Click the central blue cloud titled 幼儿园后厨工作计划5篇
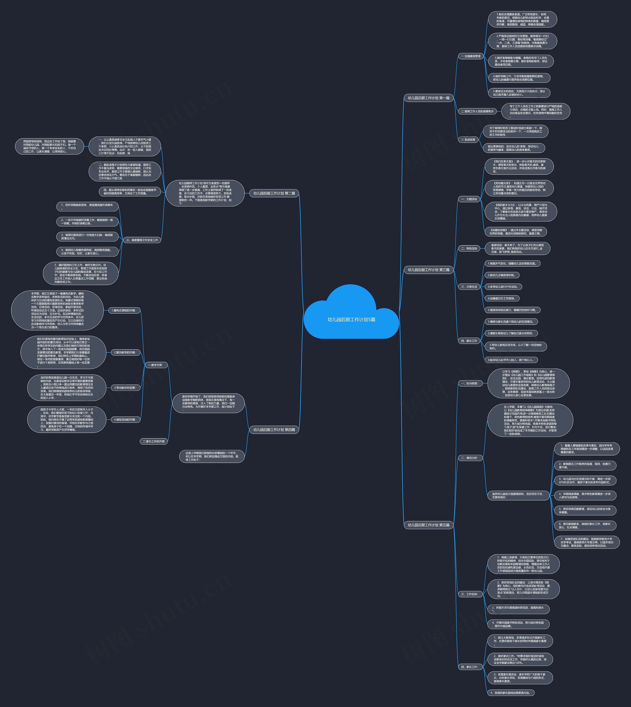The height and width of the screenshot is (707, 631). [x=351, y=319]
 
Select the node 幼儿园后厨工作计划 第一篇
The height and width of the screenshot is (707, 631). [x=429, y=98]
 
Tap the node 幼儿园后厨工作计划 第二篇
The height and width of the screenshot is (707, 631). [x=274, y=193]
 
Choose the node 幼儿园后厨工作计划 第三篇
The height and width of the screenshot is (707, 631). [x=429, y=270]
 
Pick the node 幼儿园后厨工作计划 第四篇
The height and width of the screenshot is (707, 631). [x=274, y=430]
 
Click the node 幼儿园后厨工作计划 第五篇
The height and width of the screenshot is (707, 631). [x=429, y=525]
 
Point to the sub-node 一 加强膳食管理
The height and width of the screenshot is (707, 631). [x=471, y=56]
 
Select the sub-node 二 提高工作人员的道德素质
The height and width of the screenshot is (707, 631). [x=477, y=111]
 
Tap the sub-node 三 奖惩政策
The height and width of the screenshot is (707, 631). [x=468, y=140]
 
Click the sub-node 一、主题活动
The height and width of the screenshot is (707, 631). [x=469, y=199]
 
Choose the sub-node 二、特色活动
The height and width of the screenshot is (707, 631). [x=469, y=248]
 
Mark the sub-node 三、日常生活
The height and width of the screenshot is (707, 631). [x=469, y=287]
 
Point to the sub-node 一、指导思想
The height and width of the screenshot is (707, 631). [x=470, y=383]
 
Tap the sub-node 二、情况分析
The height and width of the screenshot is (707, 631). [x=470, y=458]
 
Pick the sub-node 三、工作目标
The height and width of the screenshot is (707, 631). [x=470, y=594]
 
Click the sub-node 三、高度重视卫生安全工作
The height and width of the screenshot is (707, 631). [x=142, y=240]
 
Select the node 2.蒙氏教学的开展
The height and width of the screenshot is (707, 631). [x=125, y=352]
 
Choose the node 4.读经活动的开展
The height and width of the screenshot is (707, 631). [x=125, y=420]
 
